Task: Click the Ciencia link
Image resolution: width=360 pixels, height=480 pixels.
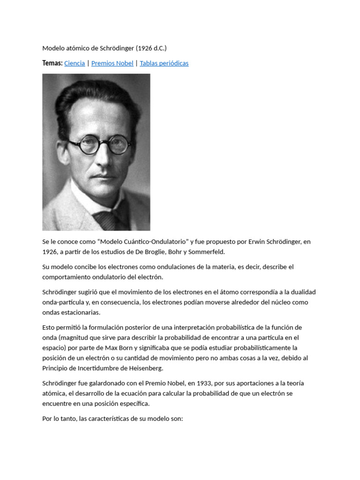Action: [75, 63]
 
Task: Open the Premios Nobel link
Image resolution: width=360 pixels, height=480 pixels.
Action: [112, 63]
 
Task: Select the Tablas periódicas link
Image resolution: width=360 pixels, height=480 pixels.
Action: [164, 63]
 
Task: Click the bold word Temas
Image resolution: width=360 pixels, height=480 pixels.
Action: [52, 63]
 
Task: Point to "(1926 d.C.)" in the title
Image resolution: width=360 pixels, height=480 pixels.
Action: [151, 48]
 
